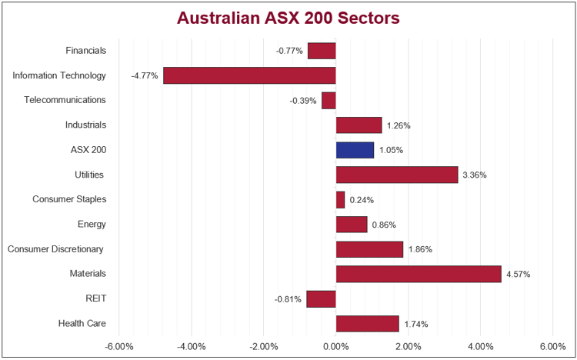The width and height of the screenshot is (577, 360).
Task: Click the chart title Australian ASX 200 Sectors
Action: click(x=288, y=18)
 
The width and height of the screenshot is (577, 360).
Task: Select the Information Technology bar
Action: click(x=249, y=75)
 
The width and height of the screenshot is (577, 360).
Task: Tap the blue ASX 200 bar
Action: click(x=355, y=149)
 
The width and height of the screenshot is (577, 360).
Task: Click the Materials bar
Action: click(x=419, y=273)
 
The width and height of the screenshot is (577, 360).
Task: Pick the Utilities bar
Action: click(x=397, y=175)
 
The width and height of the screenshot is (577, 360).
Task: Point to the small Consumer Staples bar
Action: click(x=340, y=199)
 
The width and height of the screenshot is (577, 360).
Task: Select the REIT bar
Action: click(x=322, y=298)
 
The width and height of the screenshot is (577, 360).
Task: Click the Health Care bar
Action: click(x=368, y=323)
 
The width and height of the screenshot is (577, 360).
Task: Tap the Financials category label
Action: click(x=86, y=51)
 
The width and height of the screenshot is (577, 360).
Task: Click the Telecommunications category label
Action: click(x=65, y=100)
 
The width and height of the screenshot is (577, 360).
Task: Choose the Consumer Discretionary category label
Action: click(x=55, y=248)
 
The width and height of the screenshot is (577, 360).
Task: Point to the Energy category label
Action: click(x=92, y=224)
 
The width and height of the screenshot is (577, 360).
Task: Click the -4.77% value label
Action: click(x=145, y=76)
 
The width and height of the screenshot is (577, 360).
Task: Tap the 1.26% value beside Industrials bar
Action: click(x=399, y=125)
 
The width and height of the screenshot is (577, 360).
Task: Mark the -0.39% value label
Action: click(x=303, y=101)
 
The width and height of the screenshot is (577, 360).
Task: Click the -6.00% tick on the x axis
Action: click(x=119, y=346)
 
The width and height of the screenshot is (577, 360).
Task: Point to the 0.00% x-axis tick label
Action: click(x=336, y=346)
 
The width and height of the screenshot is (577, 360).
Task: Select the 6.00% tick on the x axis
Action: click(x=552, y=346)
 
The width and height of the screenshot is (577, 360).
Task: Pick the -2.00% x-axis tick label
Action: click(x=264, y=346)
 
